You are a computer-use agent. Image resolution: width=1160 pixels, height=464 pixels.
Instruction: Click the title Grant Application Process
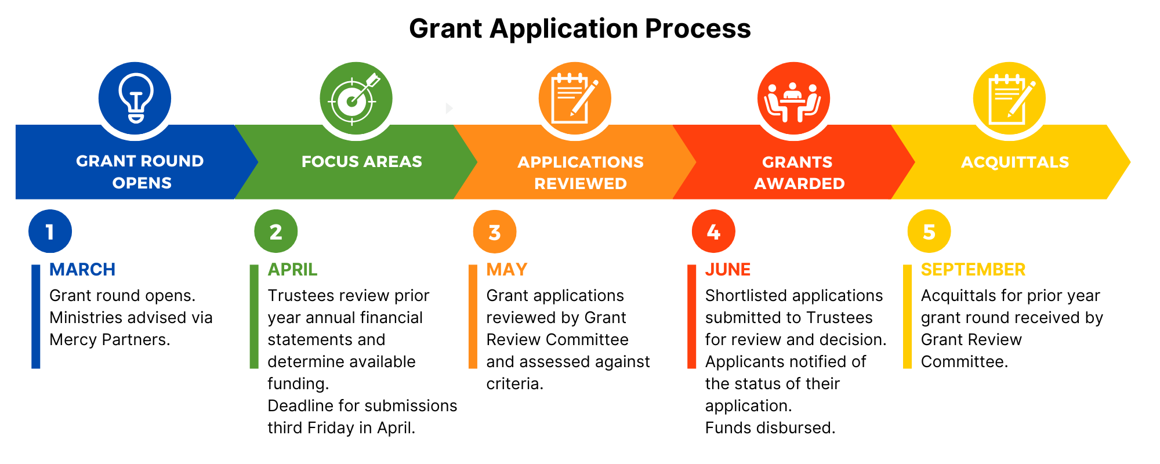pos(579,28)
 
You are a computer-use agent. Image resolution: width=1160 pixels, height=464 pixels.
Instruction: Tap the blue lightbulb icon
pos(135,98)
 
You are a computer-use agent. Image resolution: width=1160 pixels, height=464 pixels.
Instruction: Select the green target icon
pos(356,99)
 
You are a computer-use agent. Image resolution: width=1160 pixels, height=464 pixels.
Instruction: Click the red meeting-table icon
pos(793,99)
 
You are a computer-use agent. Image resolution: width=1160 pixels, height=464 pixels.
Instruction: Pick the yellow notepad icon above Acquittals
pos(1009,99)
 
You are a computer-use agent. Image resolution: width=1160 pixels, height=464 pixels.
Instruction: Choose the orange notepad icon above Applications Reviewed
pos(575,99)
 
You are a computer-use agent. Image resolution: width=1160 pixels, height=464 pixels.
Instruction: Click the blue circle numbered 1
pos(50,231)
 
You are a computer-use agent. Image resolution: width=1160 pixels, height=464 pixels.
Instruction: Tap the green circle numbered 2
pos(276,231)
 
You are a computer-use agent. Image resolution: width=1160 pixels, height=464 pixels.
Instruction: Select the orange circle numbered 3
pos(495,232)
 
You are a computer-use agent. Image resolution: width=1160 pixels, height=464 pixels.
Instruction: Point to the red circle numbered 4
pos(713,231)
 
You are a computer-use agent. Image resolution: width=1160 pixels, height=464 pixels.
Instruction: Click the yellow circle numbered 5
pos(929,231)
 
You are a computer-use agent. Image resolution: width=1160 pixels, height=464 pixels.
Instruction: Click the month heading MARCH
pos(82,270)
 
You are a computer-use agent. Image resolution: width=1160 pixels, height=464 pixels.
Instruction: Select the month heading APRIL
pos(292,270)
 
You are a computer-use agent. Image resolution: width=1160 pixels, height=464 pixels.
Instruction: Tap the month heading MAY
pos(506,270)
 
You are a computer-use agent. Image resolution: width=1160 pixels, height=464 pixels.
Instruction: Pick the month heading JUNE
pos(728,270)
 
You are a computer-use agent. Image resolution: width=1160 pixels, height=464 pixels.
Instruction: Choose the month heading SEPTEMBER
pos(973,270)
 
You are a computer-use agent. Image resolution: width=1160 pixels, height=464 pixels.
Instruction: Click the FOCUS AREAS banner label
pos(362,161)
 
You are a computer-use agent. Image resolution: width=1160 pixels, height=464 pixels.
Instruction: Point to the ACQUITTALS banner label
pos(1015,162)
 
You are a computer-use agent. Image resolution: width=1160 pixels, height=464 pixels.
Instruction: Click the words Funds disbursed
pos(770,428)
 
